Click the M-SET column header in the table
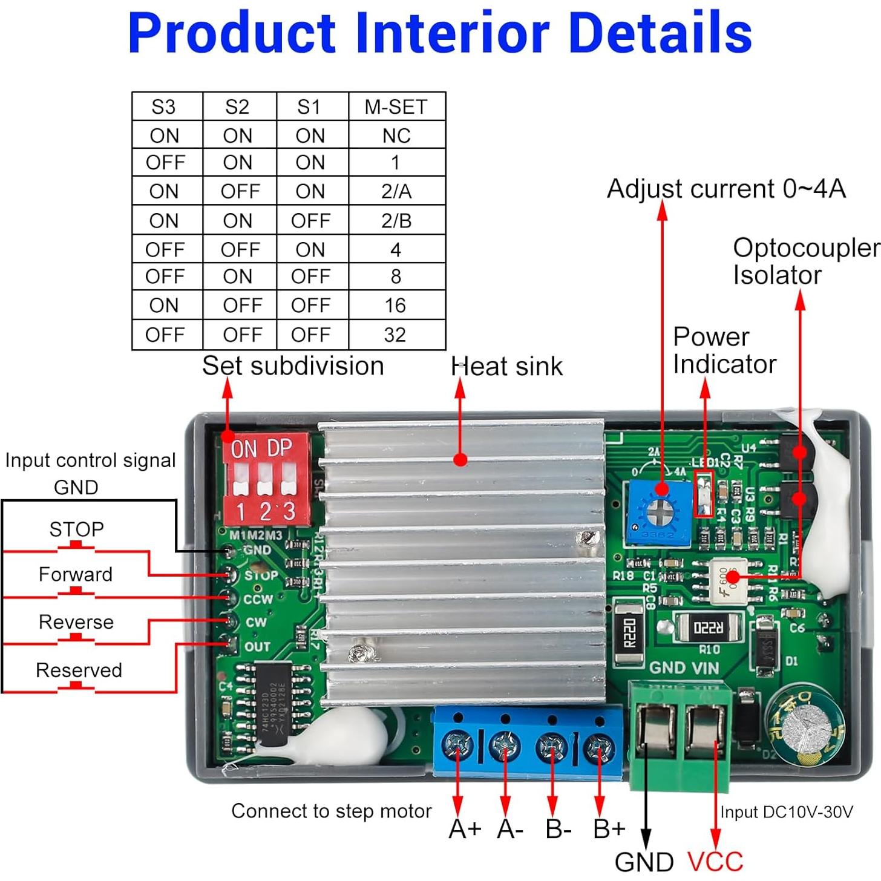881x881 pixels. click(x=396, y=106)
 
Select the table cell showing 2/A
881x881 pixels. click(x=396, y=191)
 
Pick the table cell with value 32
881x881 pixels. click(x=395, y=335)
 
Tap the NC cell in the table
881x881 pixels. click(x=396, y=136)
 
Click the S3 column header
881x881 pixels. click(x=163, y=106)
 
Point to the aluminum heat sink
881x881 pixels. click(x=463, y=563)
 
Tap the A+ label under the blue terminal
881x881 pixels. click(x=465, y=829)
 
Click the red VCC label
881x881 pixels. click(x=715, y=862)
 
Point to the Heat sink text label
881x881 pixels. click(x=506, y=367)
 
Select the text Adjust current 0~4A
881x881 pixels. click(x=726, y=189)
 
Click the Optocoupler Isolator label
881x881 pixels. click(x=805, y=261)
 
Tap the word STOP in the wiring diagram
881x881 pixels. click(x=76, y=529)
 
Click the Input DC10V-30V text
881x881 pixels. click(x=786, y=812)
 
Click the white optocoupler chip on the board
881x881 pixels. click(x=729, y=581)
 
